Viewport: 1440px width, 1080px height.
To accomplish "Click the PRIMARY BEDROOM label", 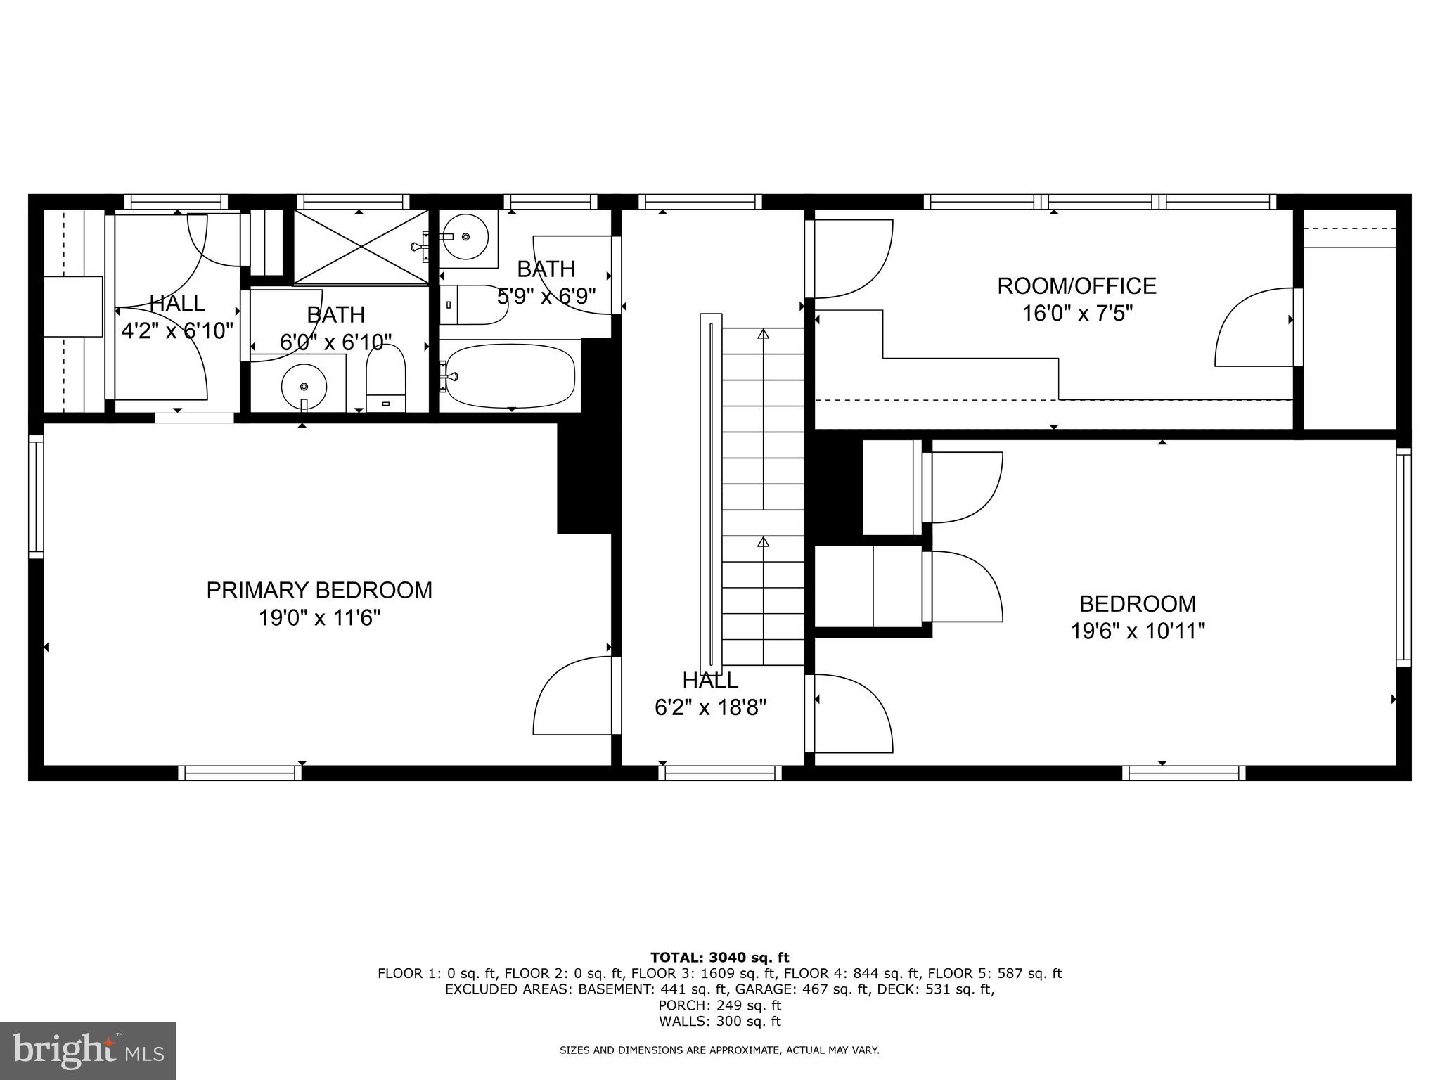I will pos(319,590).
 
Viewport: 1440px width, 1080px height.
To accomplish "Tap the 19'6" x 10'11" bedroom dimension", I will pos(1137,631).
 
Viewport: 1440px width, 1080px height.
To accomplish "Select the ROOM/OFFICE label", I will pos(1076,285).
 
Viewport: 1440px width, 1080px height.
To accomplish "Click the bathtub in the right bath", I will pos(511,375).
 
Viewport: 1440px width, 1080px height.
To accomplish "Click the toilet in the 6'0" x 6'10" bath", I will pos(386,380).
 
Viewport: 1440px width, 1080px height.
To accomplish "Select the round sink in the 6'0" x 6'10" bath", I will pos(304,386).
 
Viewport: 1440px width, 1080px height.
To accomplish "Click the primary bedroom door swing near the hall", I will pos(572,696).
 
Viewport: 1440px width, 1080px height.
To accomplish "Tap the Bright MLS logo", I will pos(87,1050).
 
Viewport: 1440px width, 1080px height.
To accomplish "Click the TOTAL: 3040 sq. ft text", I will pos(719,957).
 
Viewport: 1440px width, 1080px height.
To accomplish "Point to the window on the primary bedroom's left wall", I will pos(36,496).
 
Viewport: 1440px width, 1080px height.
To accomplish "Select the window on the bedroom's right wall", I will pos(1403,557).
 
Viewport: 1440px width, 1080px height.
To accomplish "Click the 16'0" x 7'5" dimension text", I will pos(1076,313).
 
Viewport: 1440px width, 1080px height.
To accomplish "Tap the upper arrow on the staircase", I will pos(763,335).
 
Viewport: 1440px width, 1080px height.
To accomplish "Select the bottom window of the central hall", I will pos(720,773).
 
